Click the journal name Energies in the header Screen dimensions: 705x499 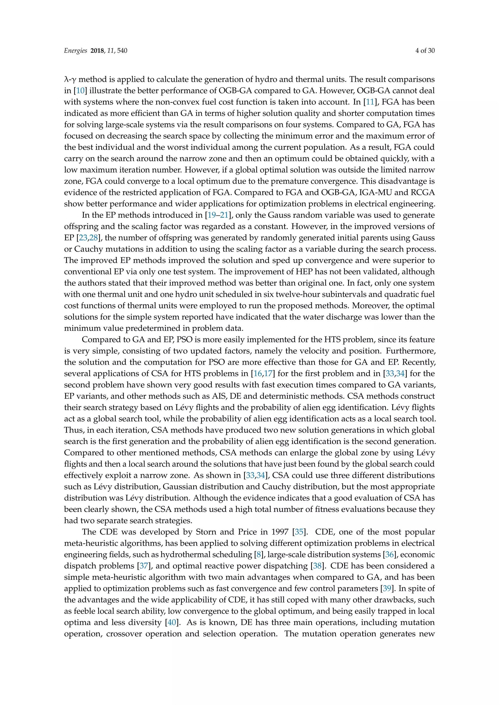(x=75, y=51)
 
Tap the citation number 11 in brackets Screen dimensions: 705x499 (x=370, y=102)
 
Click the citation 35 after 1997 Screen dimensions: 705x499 (x=299, y=532)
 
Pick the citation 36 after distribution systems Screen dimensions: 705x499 (x=389, y=555)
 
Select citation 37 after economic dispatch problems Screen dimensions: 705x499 (x=144, y=566)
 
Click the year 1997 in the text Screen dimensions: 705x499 (x=280, y=532)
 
